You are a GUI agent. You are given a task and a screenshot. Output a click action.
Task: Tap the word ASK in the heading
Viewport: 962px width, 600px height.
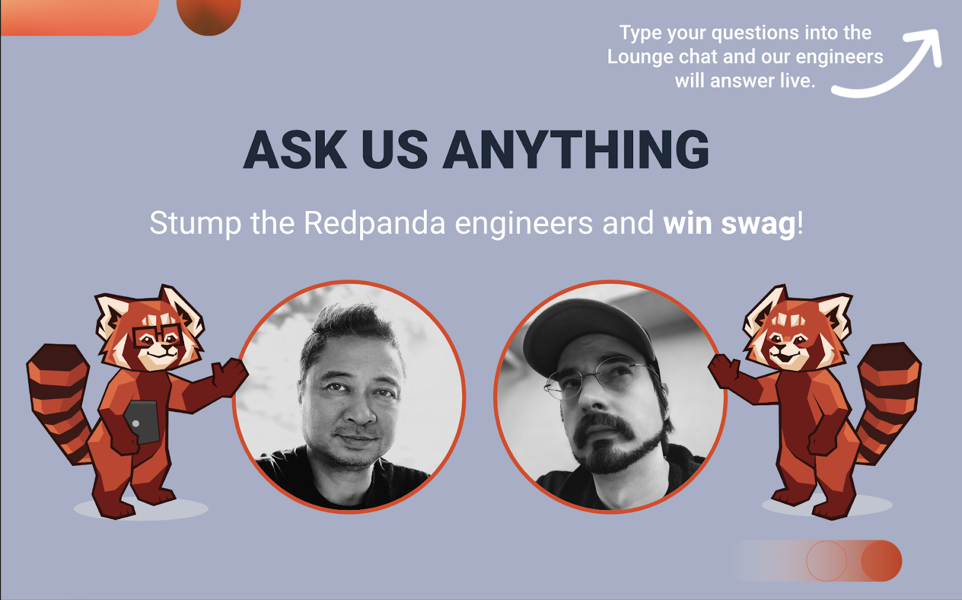[x=295, y=150]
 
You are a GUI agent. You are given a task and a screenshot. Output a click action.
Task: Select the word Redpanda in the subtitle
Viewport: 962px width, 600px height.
[x=375, y=223]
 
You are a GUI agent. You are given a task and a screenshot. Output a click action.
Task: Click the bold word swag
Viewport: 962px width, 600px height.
[x=758, y=224]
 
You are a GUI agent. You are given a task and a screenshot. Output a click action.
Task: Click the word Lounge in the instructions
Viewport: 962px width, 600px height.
[x=640, y=57]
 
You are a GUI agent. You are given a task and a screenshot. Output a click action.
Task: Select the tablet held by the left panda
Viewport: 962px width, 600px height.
[x=142, y=421]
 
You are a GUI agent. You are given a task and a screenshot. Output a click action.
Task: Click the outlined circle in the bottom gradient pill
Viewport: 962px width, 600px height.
[x=827, y=561]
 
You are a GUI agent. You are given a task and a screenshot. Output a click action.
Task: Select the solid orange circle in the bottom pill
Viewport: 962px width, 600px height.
[x=881, y=561]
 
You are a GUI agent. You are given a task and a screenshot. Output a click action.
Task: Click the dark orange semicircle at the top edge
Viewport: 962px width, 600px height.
[x=209, y=15]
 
